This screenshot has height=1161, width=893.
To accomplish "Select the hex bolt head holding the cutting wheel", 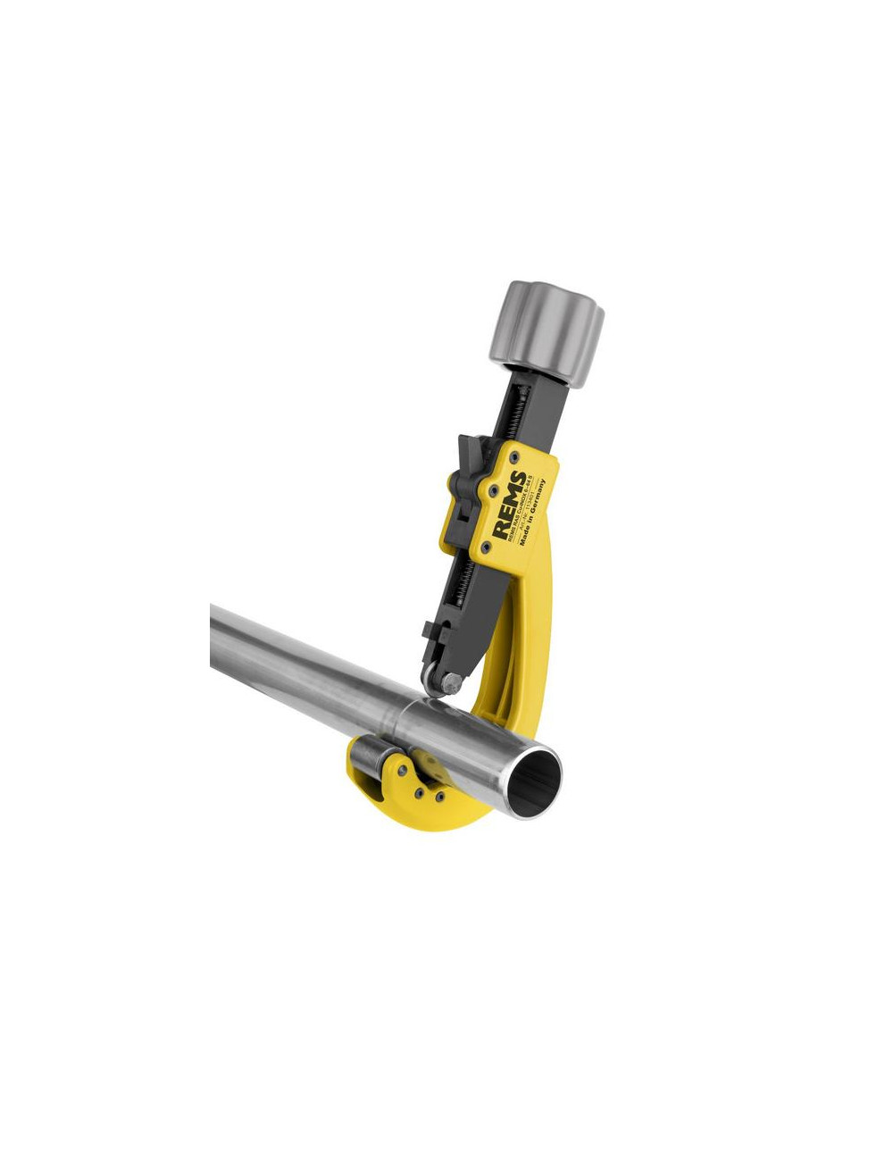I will [x=453, y=684].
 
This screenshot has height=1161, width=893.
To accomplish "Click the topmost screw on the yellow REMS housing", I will [x=515, y=456].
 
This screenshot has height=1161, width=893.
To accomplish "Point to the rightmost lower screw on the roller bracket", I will [x=437, y=793].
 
